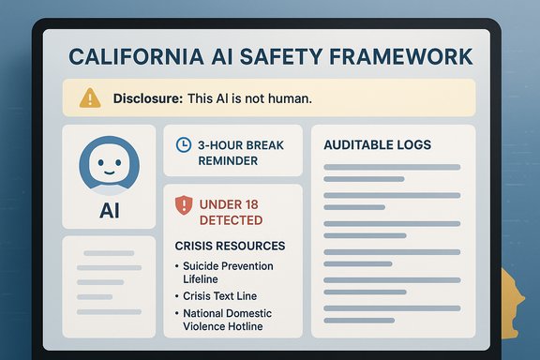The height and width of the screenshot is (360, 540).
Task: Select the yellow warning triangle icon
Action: [x=90, y=97]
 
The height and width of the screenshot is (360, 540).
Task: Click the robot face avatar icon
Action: [x=109, y=166]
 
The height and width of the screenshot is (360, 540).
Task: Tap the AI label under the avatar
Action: [x=109, y=211]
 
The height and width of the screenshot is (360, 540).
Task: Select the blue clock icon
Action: [x=184, y=145]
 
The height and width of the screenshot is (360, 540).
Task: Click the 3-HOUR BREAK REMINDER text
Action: [x=240, y=153]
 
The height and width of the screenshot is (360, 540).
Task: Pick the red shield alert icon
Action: [x=184, y=204]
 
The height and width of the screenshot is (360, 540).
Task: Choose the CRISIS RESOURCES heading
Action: [x=230, y=246]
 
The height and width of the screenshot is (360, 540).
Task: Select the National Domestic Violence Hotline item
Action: [x=230, y=320]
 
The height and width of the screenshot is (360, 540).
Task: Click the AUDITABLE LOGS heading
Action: [x=377, y=145]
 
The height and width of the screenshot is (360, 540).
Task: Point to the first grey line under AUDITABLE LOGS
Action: [x=391, y=168]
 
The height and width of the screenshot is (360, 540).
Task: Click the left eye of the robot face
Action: [x=100, y=160]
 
